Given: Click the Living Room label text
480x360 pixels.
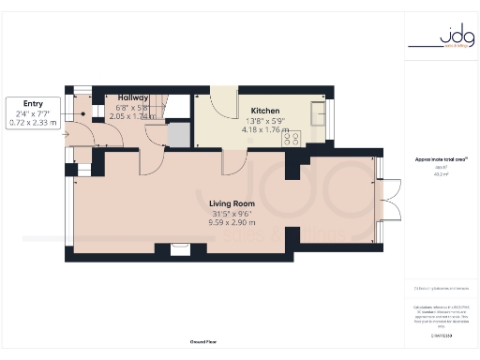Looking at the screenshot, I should [x=231, y=202].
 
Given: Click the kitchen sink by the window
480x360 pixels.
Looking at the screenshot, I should [x=315, y=117].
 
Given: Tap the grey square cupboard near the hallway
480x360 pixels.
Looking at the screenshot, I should [x=176, y=136].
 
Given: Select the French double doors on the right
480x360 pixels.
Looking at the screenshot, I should [x=388, y=201].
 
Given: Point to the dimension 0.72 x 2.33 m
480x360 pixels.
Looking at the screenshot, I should [x=34, y=122].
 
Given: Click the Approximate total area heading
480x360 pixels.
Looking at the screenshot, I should [x=440, y=159].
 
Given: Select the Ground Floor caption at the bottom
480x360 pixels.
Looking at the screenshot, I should [x=203, y=342].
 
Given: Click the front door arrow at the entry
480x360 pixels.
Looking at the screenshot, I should [x=66, y=134].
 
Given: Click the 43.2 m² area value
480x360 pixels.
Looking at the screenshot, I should [x=440, y=174].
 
